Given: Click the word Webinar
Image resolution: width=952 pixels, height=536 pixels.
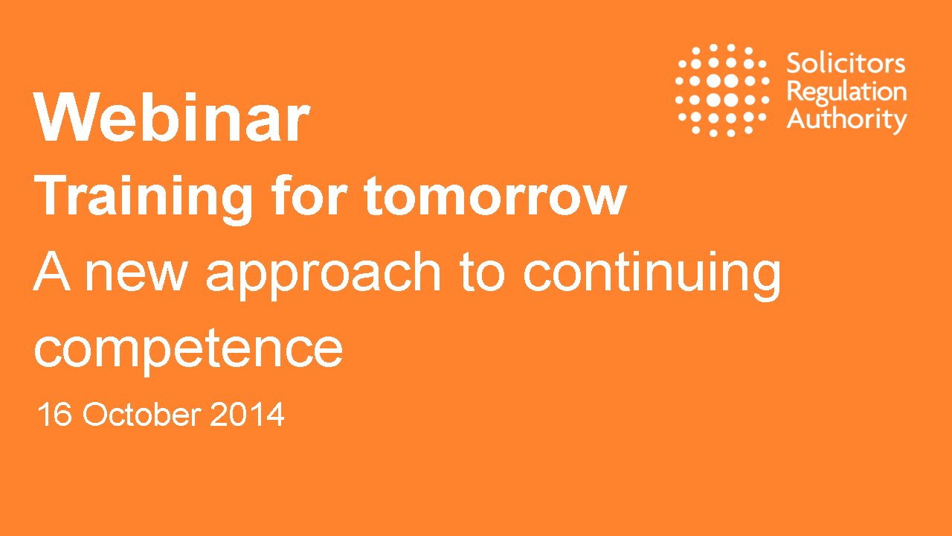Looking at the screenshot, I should (171, 118).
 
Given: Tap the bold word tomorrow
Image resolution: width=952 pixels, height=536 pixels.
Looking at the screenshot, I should (495, 197).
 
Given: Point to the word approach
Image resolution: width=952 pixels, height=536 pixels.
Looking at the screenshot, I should (324, 274).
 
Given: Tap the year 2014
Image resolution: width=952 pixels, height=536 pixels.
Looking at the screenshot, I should (247, 415).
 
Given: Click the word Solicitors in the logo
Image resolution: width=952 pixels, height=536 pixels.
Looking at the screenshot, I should (846, 63).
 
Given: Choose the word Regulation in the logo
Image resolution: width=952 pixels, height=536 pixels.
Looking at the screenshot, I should (846, 92).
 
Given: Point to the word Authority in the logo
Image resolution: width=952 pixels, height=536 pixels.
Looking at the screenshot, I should (846, 119).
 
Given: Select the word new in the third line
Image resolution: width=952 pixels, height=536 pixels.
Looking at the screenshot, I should (135, 274).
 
